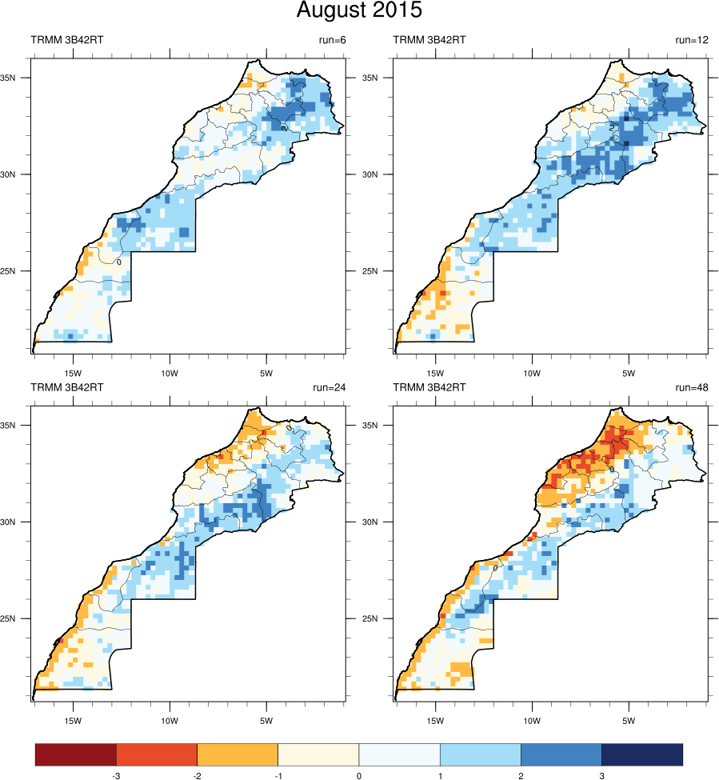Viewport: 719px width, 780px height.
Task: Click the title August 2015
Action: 359,11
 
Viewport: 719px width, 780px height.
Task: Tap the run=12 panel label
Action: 692,40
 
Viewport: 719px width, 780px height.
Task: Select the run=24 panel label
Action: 329,387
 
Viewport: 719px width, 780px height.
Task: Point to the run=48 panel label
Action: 692,387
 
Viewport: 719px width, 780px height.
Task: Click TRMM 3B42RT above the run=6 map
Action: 67,40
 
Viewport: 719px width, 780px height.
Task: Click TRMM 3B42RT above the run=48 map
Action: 430,387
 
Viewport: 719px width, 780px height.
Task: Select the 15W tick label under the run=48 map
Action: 435,714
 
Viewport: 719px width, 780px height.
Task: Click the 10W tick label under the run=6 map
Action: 169,373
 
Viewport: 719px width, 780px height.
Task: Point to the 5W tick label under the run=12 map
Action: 629,373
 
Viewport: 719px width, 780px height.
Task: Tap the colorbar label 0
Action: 359,775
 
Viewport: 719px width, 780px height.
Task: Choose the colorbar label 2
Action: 521,775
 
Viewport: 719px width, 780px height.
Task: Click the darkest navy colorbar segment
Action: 642,754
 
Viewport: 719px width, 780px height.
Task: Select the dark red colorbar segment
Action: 76,754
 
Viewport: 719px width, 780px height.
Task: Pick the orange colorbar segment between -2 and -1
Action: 238,754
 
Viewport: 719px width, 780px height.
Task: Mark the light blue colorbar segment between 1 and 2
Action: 480,754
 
